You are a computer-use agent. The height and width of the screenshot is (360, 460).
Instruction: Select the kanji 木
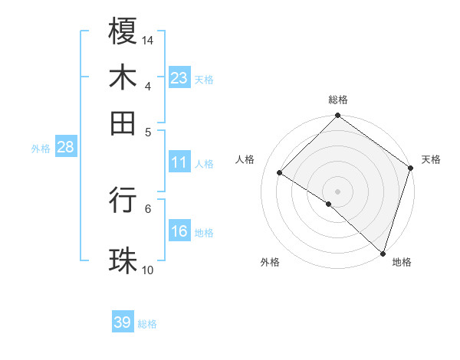[x=123, y=78]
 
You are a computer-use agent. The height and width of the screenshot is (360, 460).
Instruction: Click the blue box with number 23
[x=179, y=78]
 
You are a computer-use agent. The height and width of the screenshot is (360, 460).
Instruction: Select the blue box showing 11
[x=179, y=162]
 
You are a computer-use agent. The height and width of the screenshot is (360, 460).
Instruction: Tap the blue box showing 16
[x=179, y=231]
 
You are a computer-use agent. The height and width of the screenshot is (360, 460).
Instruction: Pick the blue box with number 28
[x=65, y=148]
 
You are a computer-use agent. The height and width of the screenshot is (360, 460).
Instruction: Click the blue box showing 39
[x=123, y=322]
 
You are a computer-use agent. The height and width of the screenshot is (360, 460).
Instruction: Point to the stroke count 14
[x=148, y=40]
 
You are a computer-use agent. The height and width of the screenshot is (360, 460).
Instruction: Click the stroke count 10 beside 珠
[x=147, y=270]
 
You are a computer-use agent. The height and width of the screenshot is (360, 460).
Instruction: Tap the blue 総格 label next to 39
[x=148, y=324]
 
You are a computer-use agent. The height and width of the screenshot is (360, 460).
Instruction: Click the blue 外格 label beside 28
[x=41, y=149]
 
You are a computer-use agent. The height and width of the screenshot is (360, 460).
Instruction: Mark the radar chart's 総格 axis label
[x=338, y=100]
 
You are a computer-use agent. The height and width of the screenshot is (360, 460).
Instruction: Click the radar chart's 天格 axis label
[x=431, y=159]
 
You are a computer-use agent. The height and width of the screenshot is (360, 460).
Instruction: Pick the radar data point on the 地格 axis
[x=383, y=253]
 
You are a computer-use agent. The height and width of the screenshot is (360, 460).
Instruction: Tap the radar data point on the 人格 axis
[x=280, y=173]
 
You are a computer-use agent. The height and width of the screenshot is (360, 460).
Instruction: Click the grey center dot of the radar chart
[x=337, y=191]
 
